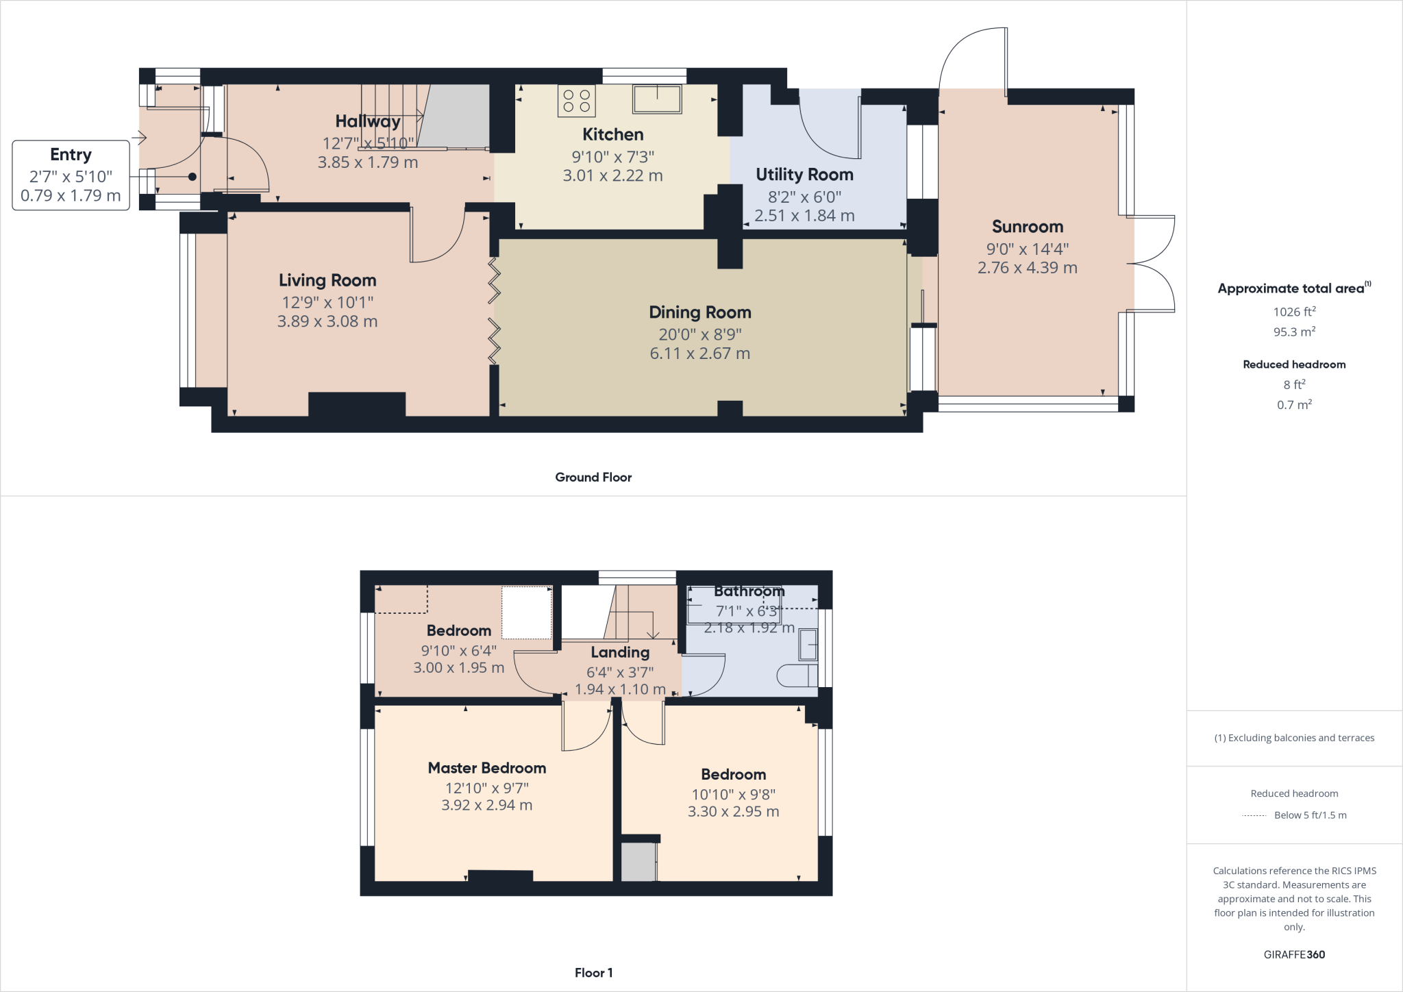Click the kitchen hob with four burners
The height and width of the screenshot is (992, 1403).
pyautogui.click(x=576, y=101)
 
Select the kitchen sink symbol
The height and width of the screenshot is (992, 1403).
pyautogui.click(x=657, y=99)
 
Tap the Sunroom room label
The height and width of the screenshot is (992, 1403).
pyautogui.click(x=1027, y=227)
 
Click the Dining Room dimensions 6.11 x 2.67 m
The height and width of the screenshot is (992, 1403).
pyautogui.click(x=699, y=354)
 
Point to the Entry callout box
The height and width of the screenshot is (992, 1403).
pyautogui.click(x=71, y=175)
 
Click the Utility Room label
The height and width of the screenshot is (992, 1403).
pyautogui.click(x=804, y=175)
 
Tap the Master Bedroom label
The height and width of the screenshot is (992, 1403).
pyautogui.click(x=486, y=768)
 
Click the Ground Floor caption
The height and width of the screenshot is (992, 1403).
pyautogui.click(x=593, y=478)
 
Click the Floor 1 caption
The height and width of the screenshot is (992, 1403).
pyautogui.click(x=593, y=973)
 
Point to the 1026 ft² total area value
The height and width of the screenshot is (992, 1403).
pyautogui.click(x=1294, y=312)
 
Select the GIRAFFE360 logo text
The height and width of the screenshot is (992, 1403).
pyautogui.click(x=1294, y=954)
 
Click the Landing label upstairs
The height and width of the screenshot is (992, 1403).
pyautogui.click(x=620, y=652)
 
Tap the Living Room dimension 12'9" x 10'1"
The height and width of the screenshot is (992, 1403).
pyautogui.click(x=327, y=302)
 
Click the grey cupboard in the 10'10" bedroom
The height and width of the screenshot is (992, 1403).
pyautogui.click(x=638, y=862)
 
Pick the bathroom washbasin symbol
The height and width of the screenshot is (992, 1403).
pyautogui.click(x=808, y=645)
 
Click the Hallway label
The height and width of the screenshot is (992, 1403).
pyautogui.click(x=367, y=121)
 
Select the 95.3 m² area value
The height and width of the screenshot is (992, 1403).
pyautogui.click(x=1294, y=332)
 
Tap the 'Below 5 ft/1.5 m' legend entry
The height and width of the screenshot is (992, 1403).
pyautogui.click(x=1309, y=815)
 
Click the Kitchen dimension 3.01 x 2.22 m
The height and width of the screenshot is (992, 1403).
pyautogui.click(x=612, y=175)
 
